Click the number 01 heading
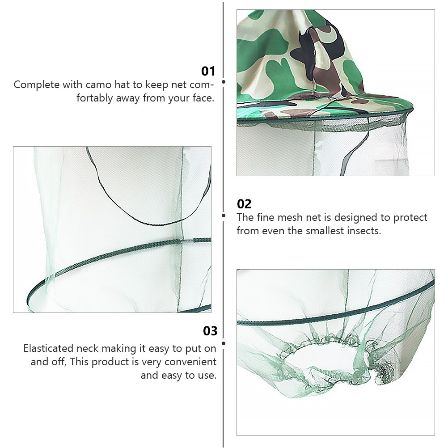click(x=208, y=71)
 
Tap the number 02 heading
click(x=244, y=204)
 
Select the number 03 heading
click(x=210, y=331)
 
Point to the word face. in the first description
click(x=203, y=98)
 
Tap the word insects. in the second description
click(x=363, y=231)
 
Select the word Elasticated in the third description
click(x=48, y=349)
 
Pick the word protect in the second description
click(x=410, y=218)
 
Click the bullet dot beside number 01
click(x=224, y=82)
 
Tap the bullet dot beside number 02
click(x=224, y=216)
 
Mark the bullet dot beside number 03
click(x=224, y=343)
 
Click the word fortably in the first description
click(x=95, y=98)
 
